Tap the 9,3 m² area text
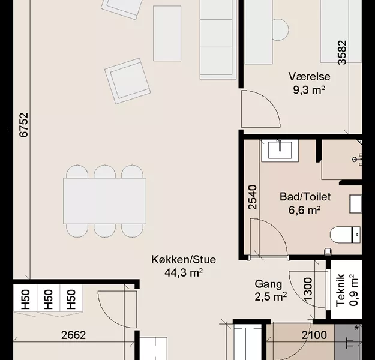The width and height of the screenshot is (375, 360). coord(309,90)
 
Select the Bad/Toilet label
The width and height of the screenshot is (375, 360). coord(305,197)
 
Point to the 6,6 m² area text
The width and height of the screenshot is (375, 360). coord(304,210)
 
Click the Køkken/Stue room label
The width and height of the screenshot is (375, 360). coord(184,260)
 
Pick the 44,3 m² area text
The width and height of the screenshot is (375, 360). coord(184,272)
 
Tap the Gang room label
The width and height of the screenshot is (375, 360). coord(268,284)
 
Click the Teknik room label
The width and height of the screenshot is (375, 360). coord(341,290)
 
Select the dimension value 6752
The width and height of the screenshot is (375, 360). coord(23,125)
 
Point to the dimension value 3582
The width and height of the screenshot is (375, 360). coord(342,53)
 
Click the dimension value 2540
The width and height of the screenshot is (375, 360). coord(253,197)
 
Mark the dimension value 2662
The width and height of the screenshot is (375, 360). coord(73,335)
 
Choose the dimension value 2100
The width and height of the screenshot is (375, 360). coord(314,335)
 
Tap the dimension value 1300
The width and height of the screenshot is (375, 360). coord(308,289)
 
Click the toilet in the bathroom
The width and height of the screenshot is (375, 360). coord(345,235)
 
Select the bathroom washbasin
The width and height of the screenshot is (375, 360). coord(280,151)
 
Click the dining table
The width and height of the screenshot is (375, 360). coord(105,201)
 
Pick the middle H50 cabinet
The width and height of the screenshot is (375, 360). coord(49,298)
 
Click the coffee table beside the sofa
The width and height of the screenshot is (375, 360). coord(167,34)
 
